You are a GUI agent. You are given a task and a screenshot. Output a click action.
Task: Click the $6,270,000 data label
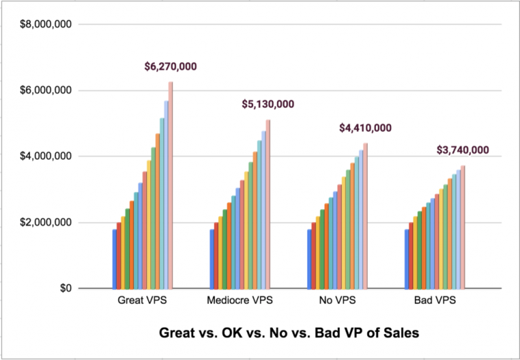pos(171,67)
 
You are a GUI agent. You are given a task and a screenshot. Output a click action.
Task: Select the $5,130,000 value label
pos(268,104)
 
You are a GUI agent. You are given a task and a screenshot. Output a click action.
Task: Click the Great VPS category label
pos(143,301)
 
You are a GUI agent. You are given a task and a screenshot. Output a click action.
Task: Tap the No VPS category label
pos(337,301)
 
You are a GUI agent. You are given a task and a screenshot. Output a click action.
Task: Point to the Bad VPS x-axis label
pos(435,301)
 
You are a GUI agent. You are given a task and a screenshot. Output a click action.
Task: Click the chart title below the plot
pos(288,333)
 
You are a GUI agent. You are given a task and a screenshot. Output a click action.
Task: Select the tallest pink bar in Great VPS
pos(171,185)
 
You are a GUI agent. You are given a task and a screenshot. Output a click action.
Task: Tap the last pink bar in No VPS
pos(366,215)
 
